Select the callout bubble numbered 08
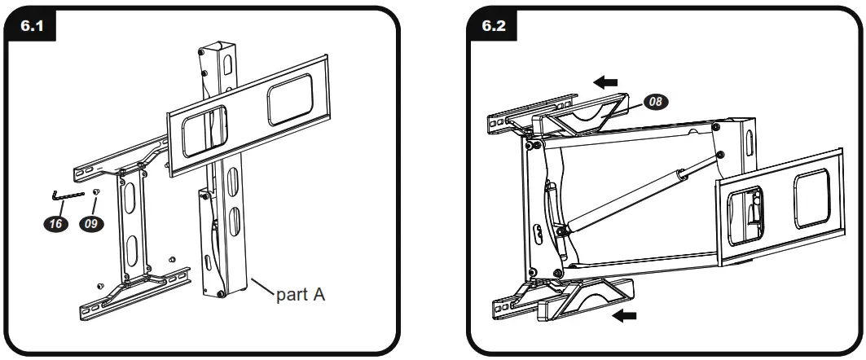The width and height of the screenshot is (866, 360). [656, 102]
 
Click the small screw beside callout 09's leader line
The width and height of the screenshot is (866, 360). [97, 192]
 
